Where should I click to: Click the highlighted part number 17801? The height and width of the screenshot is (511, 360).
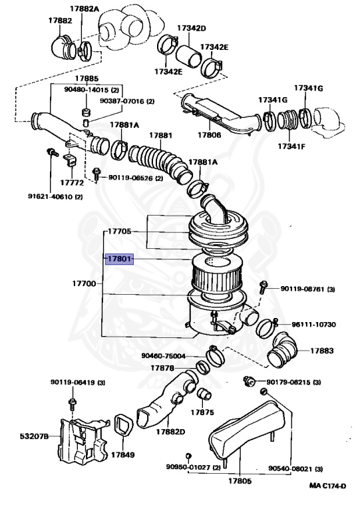(119, 259)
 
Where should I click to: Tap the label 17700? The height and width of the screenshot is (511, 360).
(84, 283)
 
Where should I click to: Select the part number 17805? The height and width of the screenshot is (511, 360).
(240, 480)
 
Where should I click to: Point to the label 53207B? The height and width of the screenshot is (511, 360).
(34, 436)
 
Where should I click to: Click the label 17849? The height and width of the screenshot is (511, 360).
(123, 454)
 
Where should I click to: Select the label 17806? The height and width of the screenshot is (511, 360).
(210, 134)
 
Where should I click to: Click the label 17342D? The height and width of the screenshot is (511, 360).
(192, 28)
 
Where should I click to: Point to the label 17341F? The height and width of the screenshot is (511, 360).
(291, 146)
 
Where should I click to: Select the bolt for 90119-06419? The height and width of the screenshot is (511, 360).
(73, 404)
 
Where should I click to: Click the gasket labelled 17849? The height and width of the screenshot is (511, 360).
(124, 425)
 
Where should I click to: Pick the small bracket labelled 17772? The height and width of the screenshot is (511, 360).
(70, 160)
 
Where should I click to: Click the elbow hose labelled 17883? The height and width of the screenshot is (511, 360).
(282, 351)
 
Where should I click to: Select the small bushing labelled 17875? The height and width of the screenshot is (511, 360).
(204, 394)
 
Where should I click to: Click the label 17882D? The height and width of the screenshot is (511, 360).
(170, 432)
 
